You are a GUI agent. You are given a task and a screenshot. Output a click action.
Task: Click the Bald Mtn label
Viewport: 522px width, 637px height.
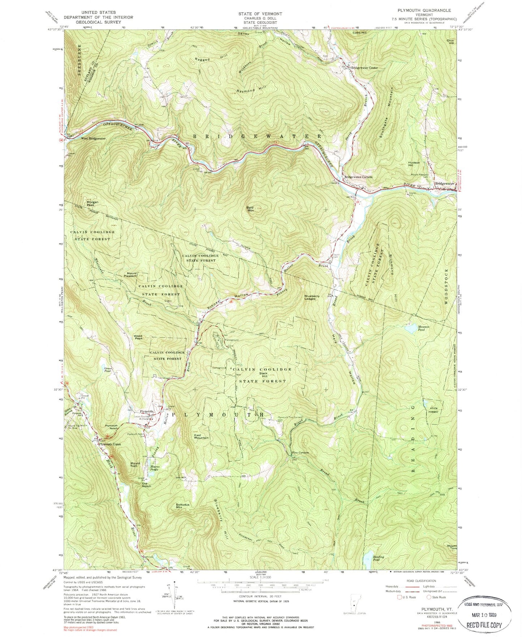coord(250,209)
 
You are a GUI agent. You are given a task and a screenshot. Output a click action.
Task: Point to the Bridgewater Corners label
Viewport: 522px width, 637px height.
coord(358,177)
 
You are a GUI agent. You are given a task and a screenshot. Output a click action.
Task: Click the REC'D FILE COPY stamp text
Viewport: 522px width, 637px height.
coord(485,625)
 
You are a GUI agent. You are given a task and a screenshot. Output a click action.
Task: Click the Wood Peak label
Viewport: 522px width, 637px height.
coord(138,337)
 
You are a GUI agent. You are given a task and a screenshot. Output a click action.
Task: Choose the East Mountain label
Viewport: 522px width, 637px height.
coord(201,436)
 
